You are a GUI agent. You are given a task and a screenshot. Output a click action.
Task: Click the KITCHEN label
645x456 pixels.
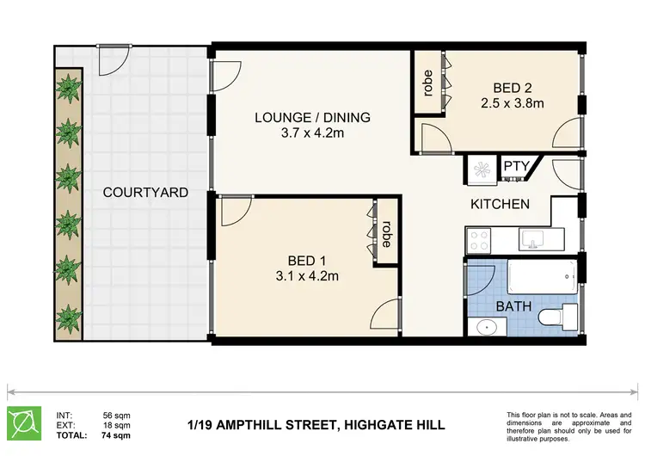(499, 204)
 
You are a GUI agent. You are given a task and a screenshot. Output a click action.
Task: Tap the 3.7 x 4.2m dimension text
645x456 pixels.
(312, 133)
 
